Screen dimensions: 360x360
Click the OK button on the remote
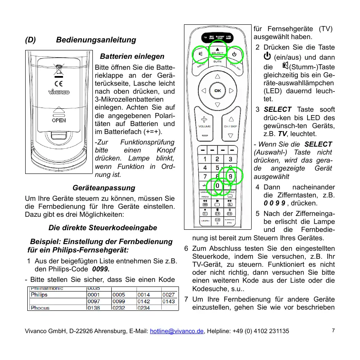(x=217, y=90)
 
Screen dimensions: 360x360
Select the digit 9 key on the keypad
(x=231, y=176)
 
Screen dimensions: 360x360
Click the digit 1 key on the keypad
(x=205, y=159)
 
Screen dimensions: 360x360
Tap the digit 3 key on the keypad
(x=231, y=159)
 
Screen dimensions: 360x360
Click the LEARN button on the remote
(x=205, y=220)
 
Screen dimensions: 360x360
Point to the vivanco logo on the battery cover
(x=58, y=92)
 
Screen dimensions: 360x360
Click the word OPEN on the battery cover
(x=58, y=120)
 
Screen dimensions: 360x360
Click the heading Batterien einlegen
(x=132, y=56)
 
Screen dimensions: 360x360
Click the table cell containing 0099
(x=119, y=301)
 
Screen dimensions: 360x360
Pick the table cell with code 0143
(x=168, y=301)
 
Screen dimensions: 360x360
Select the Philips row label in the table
(x=39, y=294)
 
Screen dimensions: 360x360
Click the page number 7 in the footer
(x=333, y=330)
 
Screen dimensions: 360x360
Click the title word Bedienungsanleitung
(x=96, y=40)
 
